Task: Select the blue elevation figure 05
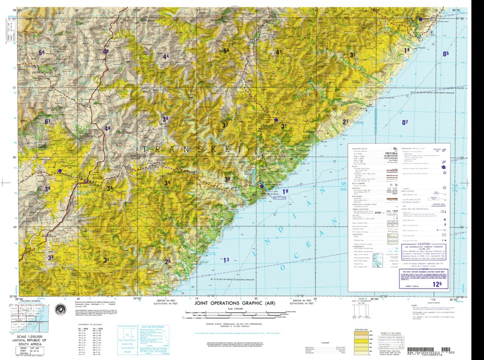445,54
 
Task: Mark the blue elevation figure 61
48,122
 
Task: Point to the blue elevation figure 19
285,191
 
